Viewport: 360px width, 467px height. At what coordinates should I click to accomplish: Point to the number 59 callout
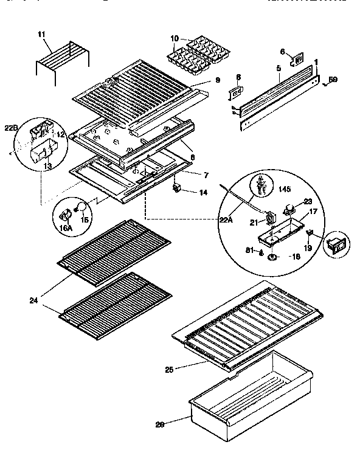[x=333, y=79]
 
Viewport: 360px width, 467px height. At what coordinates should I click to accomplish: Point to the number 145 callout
[x=285, y=189]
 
